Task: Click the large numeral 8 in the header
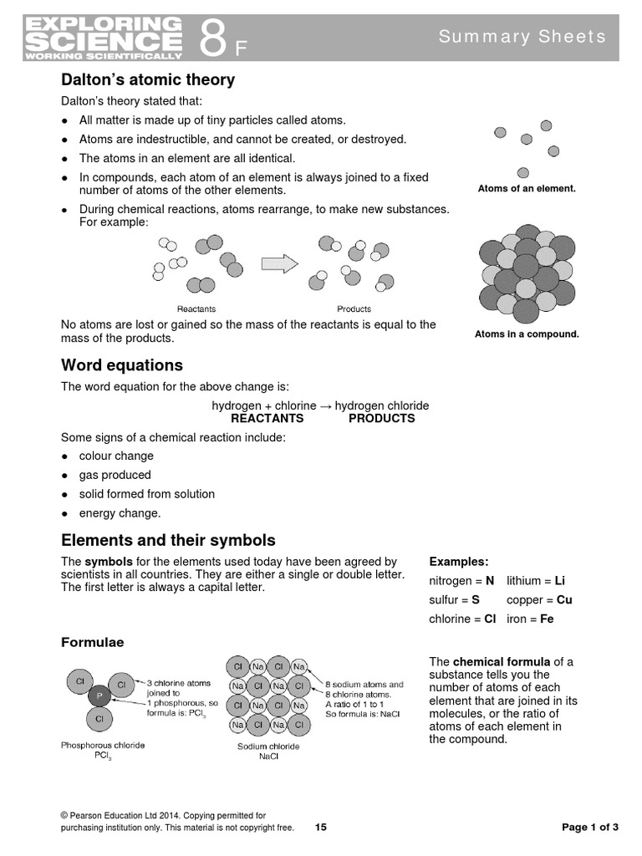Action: click(213, 38)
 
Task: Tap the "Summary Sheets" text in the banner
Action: click(522, 36)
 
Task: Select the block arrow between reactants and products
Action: click(280, 263)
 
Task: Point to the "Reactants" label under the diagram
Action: click(196, 308)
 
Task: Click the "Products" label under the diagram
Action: click(354, 308)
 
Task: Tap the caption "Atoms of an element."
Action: click(527, 189)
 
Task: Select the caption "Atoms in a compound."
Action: click(527, 334)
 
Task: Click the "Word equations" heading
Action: click(122, 365)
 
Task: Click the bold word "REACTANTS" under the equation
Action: click(267, 418)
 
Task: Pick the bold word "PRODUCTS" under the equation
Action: click(381, 418)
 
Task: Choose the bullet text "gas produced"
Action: click(115, 475)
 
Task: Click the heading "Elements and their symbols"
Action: click(168, 540)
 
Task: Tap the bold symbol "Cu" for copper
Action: click(564, 600)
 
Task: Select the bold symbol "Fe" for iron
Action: click(547, 619)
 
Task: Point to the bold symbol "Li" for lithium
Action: click(560, 580)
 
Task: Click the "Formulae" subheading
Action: click(93, 642)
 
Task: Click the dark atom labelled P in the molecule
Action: click(98, 695)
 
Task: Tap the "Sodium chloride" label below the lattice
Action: click(268, 746)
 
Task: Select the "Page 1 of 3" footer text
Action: click(590, 828)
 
